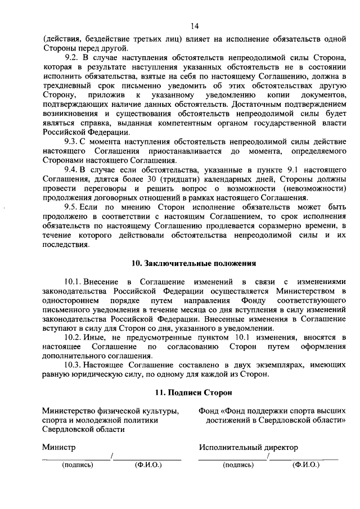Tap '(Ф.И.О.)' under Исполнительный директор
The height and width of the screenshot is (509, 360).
tap(305, 465)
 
